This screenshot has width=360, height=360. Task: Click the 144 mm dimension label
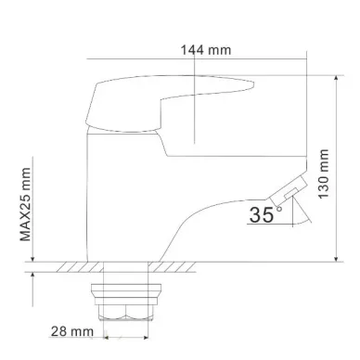point(206,50)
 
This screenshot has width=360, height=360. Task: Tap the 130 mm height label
point(324,174)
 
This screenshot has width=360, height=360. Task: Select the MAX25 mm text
point(26,204)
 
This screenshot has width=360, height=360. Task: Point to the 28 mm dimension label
point(72,331)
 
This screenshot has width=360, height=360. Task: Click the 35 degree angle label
point(262,214)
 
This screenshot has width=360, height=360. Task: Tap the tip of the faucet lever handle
point(253,84)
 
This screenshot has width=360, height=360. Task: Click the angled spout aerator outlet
point(288,190)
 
